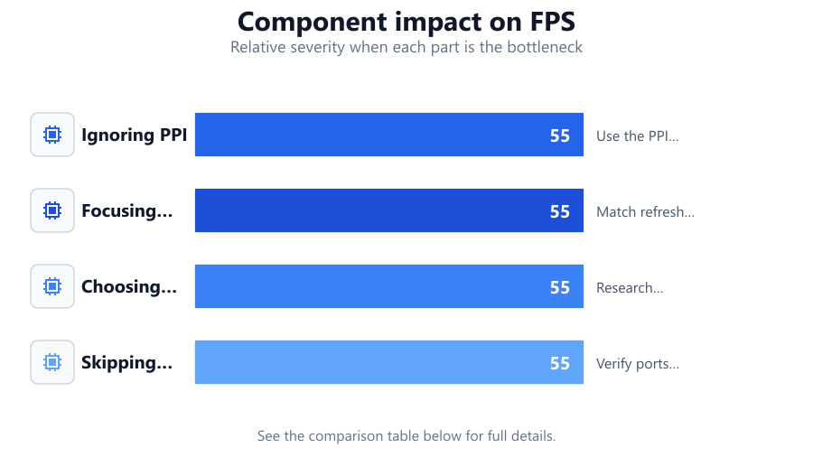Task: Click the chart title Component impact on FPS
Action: [x=406, y=23]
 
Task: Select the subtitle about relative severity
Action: [x=406, y=47]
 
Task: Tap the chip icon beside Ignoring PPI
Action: [x=52, y=135]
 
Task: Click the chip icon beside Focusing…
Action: [x=52, y=210]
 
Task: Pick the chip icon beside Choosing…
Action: [x=52, y=286]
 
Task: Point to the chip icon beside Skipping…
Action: [x=52, y=362]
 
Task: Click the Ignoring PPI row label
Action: [x=134, y=135]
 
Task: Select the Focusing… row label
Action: [x=127, y=210]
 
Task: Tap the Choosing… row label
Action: [x=129, y=286]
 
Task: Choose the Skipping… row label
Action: [x=127, y=363]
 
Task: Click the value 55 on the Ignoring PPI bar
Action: [x=560, y=135]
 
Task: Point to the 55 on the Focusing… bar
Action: [x=560, y=211]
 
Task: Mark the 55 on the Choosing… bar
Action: [x=560, y=287]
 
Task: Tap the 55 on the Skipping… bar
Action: [x=560, y=363]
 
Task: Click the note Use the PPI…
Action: [x=637, y=136]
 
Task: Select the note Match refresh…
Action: [x=645, y=212]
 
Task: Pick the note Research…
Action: [x=630, y=288]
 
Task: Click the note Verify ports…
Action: [x=637, y=364]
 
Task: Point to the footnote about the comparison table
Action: [x=406, y=436]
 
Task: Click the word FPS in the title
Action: [x=552, y=23]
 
